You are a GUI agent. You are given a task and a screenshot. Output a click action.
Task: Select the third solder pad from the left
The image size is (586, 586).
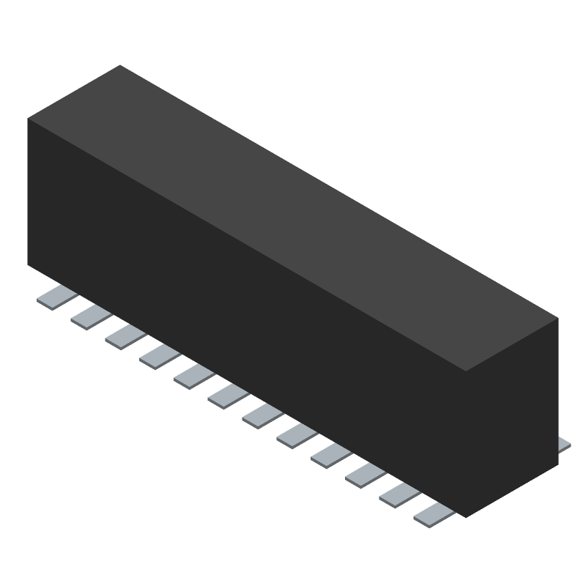click(125, 337)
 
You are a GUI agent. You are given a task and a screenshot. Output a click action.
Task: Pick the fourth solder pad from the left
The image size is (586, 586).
click(160, 357)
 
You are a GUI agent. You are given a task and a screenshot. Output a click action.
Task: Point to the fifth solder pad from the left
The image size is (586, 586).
click(194, 377)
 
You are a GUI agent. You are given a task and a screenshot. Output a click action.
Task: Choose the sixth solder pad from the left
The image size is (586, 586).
click(229, 396)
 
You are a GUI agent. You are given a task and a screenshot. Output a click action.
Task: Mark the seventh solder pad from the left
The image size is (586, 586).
click(262, 416)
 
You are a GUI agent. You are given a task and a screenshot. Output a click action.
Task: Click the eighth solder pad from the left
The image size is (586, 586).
click(297, 436)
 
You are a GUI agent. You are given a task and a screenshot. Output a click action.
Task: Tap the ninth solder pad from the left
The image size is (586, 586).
click(331, 456)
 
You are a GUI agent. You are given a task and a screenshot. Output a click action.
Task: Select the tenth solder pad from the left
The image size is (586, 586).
click(366, 475)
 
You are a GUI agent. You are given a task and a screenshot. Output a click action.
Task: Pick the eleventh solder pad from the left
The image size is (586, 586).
click(399, 495)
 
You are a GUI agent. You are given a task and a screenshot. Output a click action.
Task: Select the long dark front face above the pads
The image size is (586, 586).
click(242, 315)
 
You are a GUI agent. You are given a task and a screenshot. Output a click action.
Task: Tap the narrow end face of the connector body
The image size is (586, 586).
click(513, 418)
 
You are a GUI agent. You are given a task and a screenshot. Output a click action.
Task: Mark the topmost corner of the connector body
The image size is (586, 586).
click(120, 65)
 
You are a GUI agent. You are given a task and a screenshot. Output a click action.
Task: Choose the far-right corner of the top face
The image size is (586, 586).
click(557, 319)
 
